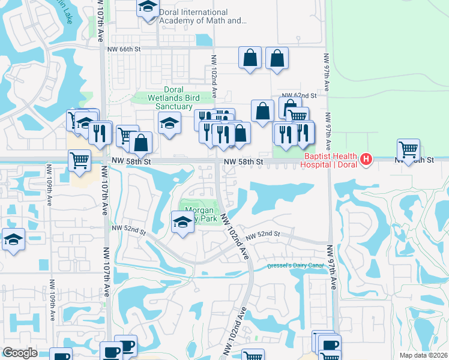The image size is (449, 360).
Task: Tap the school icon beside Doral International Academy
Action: (146, 8)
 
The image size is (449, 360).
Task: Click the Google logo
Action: (20, 353)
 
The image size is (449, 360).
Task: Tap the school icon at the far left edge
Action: (13, 239)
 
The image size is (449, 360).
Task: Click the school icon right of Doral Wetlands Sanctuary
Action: (170, 123)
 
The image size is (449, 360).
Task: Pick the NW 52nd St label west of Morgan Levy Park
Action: (128, 228)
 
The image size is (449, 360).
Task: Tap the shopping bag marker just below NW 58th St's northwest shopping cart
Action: (140, 143)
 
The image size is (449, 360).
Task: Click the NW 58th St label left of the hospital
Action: (244, 162)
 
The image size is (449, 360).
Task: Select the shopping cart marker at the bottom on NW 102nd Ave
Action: (253, 356)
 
